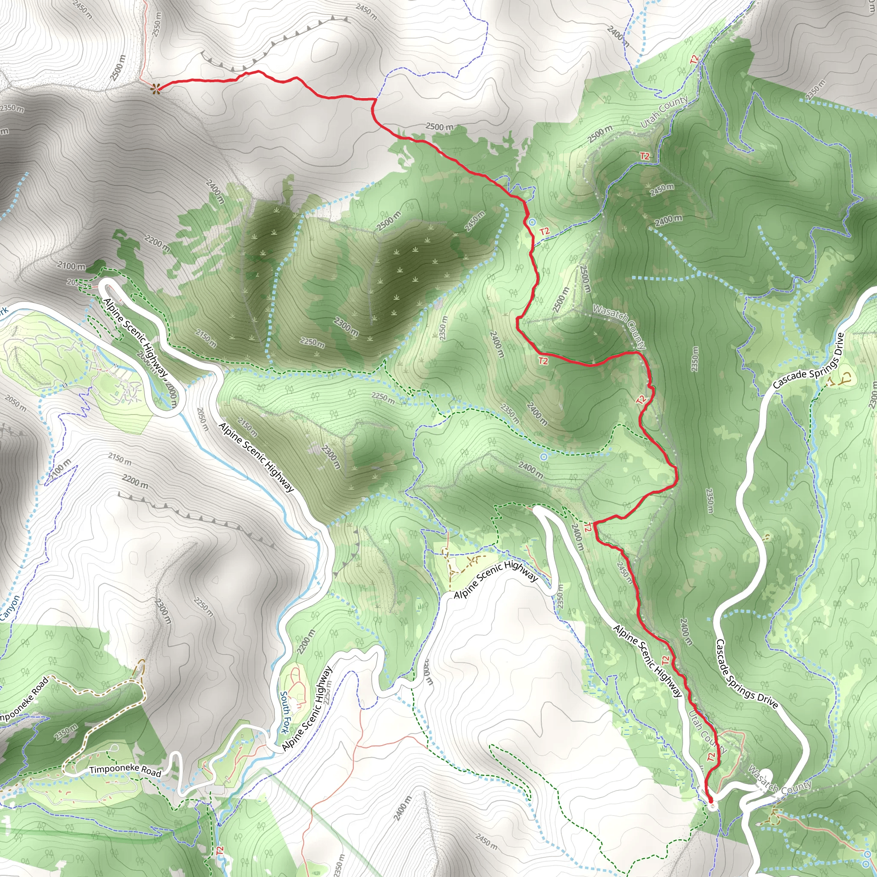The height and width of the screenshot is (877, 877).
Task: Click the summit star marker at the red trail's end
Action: (x=156, y=89)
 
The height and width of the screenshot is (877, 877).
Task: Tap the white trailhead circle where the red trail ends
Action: (x=711, y=806)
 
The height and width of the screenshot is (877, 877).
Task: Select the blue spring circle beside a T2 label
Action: (x=532, y=222)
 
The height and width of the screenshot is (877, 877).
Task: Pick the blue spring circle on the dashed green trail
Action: (x=543, y=456)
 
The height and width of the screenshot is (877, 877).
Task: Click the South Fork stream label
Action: (x=285, y=712)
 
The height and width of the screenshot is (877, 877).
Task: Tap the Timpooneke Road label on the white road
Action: (x=125, y=771)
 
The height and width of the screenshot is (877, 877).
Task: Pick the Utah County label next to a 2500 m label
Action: (x=664, y=112)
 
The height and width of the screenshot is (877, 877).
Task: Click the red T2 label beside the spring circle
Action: (x=545, y=232)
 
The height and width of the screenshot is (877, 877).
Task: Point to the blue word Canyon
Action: (x=10, y=607)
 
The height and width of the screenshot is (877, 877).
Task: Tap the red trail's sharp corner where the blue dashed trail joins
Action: (x=374, y=99)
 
